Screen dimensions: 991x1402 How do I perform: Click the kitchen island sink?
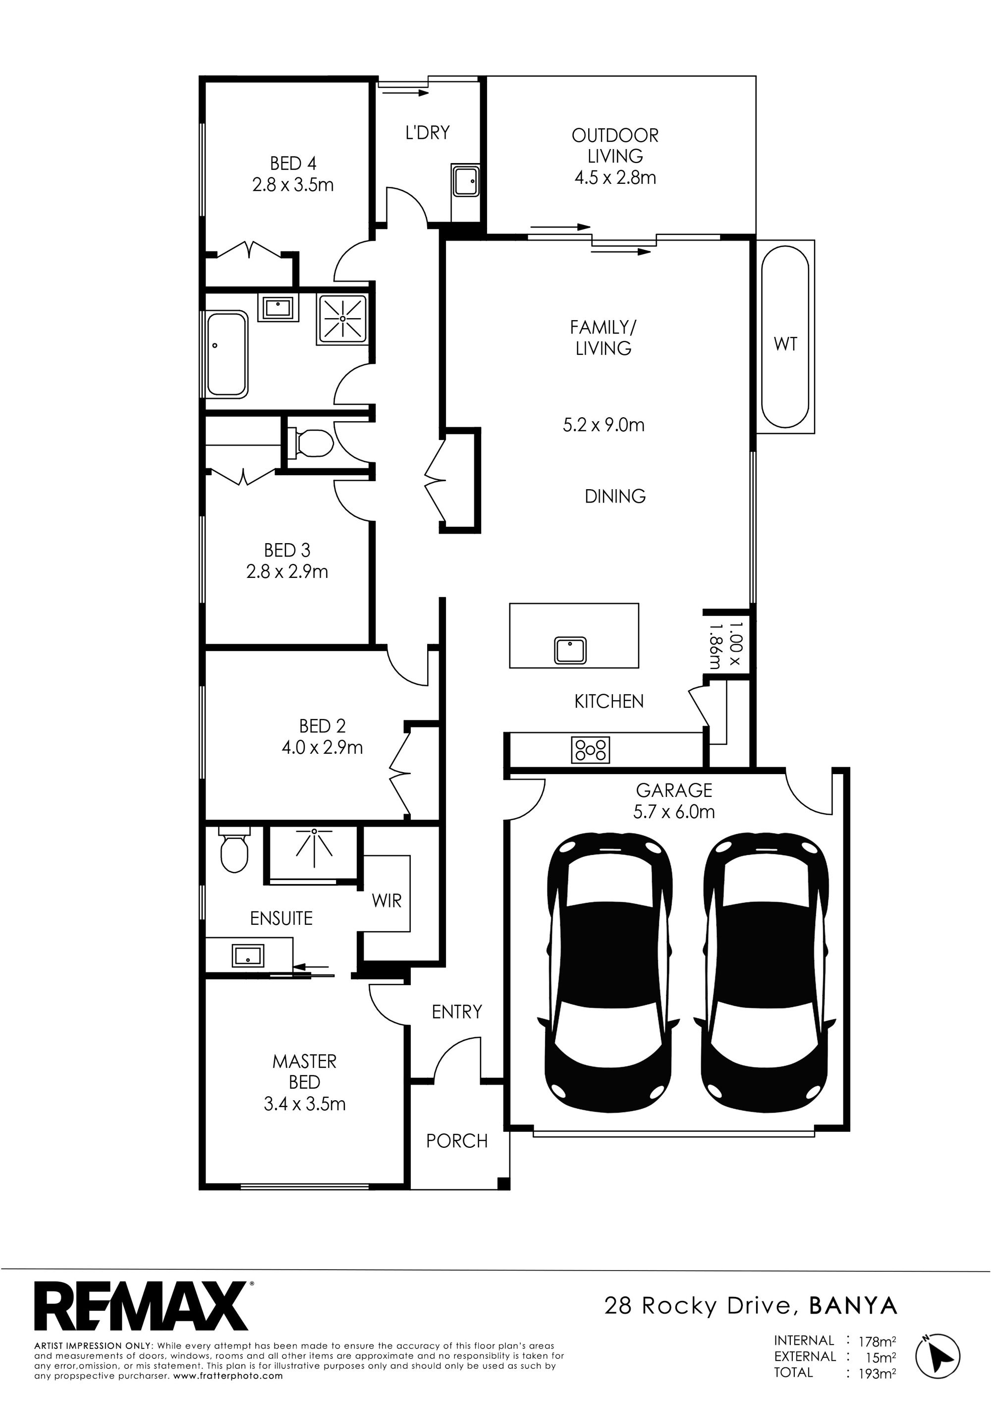[x=570, y=650]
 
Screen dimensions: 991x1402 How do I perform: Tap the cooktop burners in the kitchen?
[x=590, y=750]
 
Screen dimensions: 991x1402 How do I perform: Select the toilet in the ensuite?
[x=234, y=850]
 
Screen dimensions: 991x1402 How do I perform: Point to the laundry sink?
[x=465, y=181]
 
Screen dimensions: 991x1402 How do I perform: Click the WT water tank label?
[x=785, y=344]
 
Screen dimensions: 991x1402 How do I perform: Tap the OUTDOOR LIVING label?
[x=615, y=145]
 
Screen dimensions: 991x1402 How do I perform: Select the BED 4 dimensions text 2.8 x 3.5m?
[x=293, y=184]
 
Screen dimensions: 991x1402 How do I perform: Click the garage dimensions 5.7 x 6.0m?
[x=674, y=812]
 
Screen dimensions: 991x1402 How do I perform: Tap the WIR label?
[x=386, y=900]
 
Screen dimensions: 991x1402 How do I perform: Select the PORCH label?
[x=457, y=1141]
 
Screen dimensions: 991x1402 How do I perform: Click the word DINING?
[x=615, y=496]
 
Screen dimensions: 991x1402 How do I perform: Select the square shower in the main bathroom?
[x=342, y=318]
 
